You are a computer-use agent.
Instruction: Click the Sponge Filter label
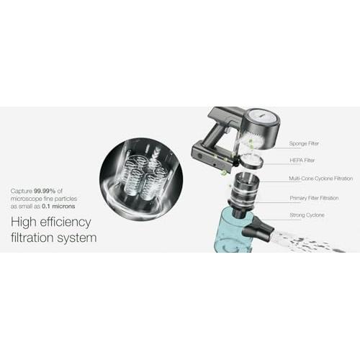coord(304,143)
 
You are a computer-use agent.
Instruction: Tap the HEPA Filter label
coord(302,161)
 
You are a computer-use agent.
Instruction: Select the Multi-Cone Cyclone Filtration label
coord(320,179)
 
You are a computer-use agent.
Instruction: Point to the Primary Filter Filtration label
coord(314,198)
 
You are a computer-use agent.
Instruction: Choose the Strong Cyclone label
coord(307,215)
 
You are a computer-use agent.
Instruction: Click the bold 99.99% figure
coord(45,191)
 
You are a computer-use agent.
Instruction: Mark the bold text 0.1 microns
coord(58,206)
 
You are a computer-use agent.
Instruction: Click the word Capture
coord(22,191)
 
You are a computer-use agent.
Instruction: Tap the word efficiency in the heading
coord(66,222)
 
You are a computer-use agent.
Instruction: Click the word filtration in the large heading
coord(32,238)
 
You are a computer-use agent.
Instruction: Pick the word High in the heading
coord(24,222)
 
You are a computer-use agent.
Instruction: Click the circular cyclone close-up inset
coord(141,179)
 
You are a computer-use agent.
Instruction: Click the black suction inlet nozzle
coord(258,226)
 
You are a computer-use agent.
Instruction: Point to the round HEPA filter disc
coord(251,161)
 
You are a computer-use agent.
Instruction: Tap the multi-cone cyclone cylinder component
coord(244,189)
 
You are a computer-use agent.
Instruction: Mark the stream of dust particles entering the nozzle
coord(308,242)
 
